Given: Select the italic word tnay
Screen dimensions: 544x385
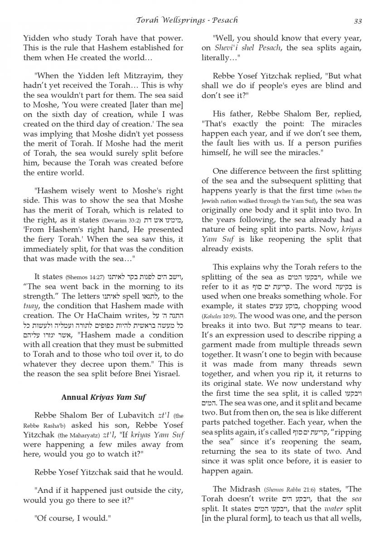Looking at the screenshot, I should [31, 306].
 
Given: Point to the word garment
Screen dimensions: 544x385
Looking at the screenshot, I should [216, 345].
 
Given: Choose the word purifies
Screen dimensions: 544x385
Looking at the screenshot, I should [346, 143].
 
